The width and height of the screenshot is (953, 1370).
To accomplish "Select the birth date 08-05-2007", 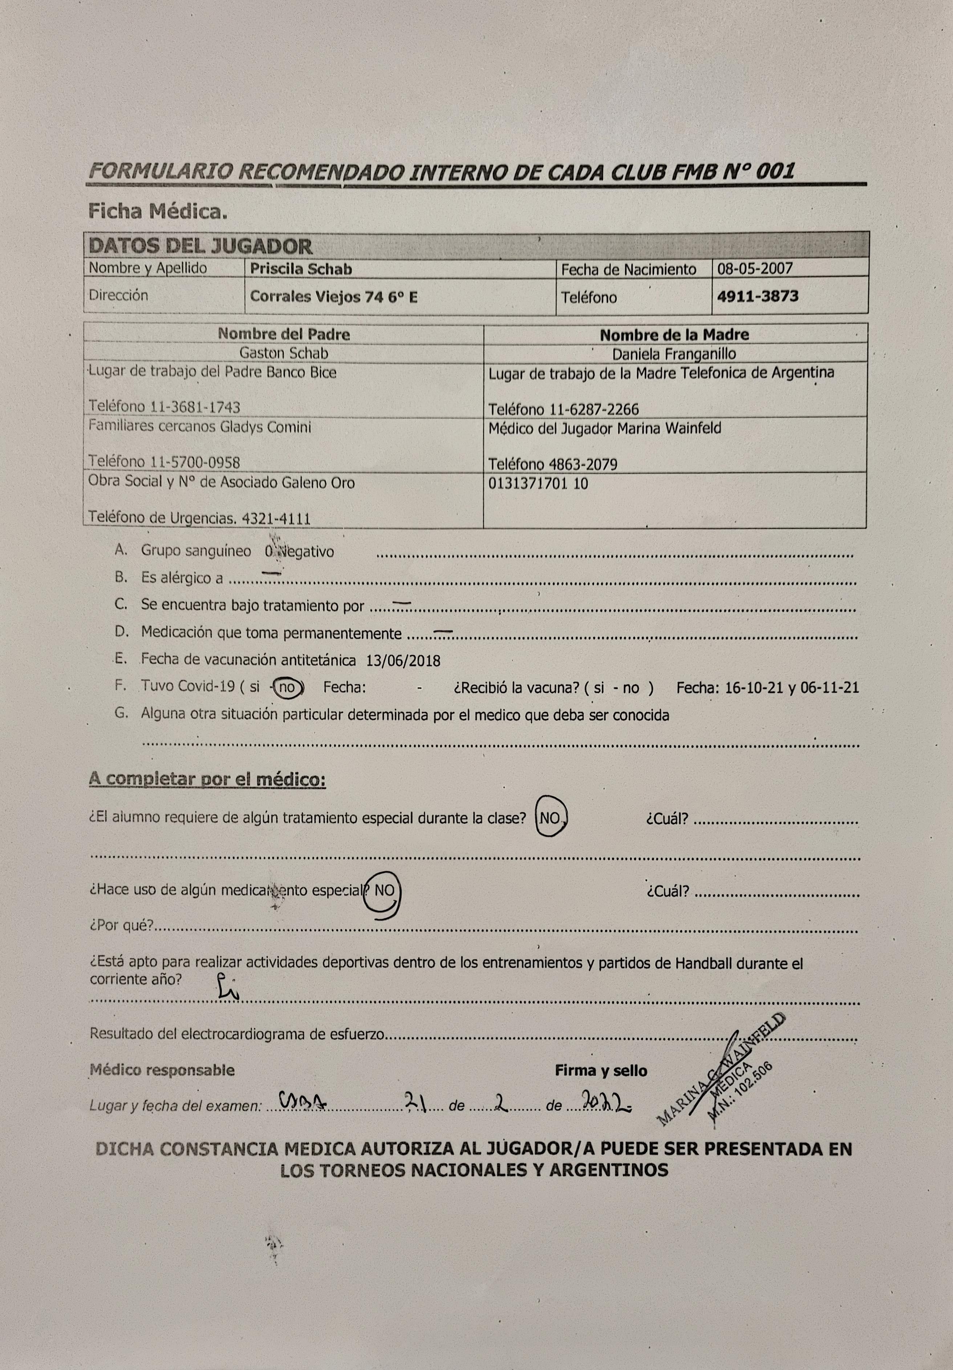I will (x=755, y=268).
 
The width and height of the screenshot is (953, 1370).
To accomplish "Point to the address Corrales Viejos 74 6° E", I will (x=333, y=297).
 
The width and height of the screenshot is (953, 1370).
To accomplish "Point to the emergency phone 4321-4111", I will (x=276, y=519).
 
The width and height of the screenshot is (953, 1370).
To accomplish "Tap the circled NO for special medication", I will (x=384, y=891).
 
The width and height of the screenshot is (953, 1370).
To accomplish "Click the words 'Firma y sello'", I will (x=600, y=1071).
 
